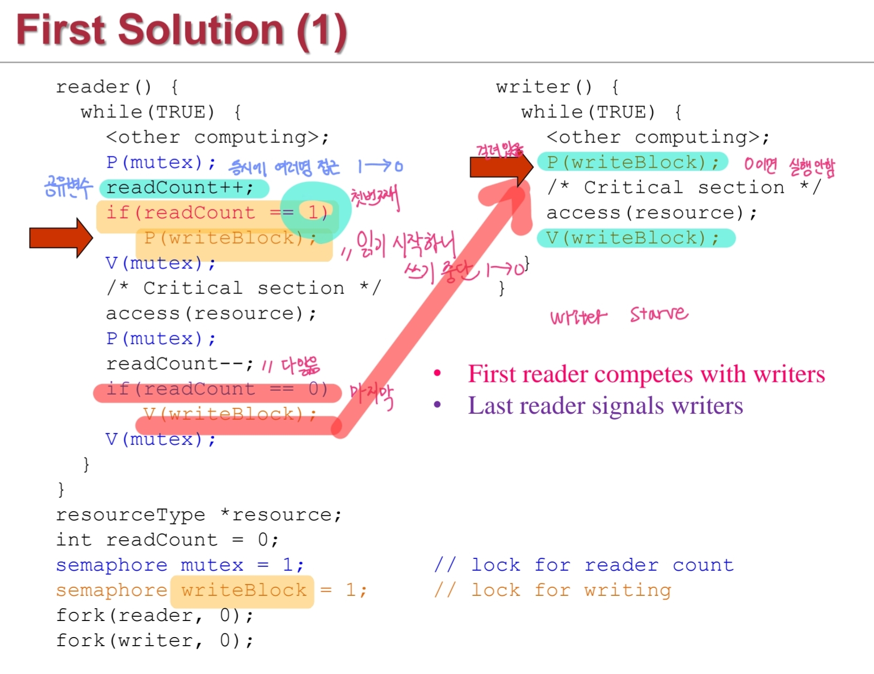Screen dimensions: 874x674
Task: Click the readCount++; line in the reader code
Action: (x=180, y=188)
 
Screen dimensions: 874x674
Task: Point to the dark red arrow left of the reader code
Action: (x=61, y=237)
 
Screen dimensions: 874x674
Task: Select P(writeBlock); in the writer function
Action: (x=632, y=162)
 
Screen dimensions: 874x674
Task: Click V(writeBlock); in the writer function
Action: (x=632, y=238)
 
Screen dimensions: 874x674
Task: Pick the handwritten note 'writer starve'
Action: (x=619, y=315)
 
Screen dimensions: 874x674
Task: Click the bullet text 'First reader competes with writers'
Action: (x=646, y=374)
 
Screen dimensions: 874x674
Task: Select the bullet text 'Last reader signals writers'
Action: (x=605, y=406)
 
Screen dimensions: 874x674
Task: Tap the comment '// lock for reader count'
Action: (x=584, y=565)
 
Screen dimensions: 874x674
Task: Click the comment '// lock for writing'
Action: (x=552, y=590)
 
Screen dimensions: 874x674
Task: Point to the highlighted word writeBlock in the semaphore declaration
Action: (x=243, y=590)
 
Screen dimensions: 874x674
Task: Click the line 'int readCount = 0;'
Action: (x=167, y=540)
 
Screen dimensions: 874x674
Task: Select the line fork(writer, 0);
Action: (x=155, y=640)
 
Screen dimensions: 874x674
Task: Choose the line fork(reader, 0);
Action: (x=155, y=615)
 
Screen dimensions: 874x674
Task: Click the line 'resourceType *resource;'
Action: (x=198, y=514)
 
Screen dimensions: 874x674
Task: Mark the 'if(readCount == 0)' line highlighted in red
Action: (x=217, y=389)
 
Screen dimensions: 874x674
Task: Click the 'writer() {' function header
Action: (x=557, y=87)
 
